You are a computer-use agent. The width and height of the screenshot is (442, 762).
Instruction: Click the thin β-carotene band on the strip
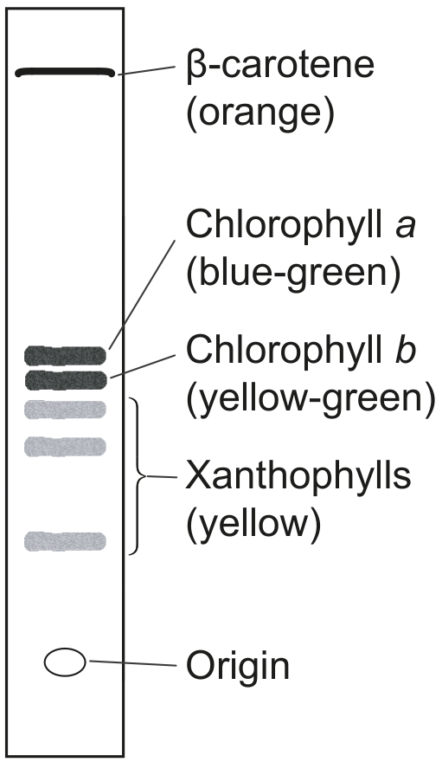click(x=65, y=73)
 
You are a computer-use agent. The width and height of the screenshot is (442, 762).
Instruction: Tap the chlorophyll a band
click(x=65, y=355)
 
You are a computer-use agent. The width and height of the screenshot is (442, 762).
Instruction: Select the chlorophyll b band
click(x=65, y=379)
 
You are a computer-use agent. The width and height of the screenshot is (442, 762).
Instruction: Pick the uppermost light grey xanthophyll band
click(x=65, y=409)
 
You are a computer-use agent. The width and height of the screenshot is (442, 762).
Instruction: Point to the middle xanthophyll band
click(x=65, y=446)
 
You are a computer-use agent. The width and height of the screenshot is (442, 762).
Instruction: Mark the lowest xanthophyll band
click(x=65, y=541)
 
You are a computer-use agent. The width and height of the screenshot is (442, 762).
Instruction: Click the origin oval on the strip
click(x=65, y=662)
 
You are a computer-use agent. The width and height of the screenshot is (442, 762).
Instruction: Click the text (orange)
click(x=260, y=114)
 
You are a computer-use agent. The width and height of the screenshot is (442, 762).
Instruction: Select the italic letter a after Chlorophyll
click(x=406, y=227)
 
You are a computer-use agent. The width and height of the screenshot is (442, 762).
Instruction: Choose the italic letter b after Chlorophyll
click(x=406, y=350)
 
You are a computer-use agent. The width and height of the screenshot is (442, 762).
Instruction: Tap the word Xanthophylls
click(x=298, y=476)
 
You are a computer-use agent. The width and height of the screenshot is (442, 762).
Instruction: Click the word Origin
click(x=238, y=667)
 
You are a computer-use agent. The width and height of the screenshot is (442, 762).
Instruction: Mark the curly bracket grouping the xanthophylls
click(x=138, y=476)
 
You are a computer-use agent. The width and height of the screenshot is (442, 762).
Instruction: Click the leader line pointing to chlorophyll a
click(x=142, y=294)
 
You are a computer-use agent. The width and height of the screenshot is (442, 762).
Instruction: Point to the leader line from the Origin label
click(x=133, y=663)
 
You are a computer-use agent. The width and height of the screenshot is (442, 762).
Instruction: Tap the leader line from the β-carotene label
click(x=145, y=70)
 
